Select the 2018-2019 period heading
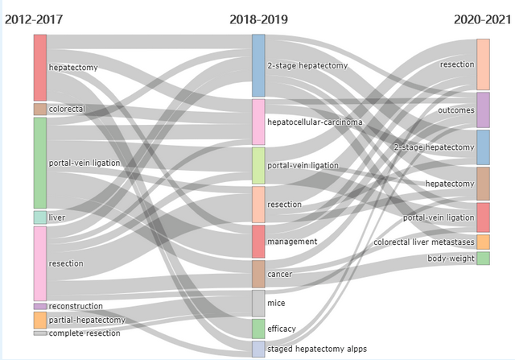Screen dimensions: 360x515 257,19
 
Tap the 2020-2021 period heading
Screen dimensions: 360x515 482,19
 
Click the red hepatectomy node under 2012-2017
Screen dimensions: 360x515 39,68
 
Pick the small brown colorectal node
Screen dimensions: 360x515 39,109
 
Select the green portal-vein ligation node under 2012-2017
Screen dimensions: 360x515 39,163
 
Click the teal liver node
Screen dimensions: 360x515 39,217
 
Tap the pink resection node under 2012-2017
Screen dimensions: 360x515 39,263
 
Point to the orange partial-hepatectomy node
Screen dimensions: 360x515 39,320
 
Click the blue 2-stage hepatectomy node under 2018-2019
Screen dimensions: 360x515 258,65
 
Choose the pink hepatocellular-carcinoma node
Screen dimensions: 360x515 258,122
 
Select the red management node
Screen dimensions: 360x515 258,242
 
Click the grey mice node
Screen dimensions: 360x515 258,304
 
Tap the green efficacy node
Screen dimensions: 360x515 258,329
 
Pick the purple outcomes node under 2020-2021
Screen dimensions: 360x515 483,110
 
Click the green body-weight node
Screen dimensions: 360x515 483,259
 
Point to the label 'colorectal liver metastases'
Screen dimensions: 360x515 424,242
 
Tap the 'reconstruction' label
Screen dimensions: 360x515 76,306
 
